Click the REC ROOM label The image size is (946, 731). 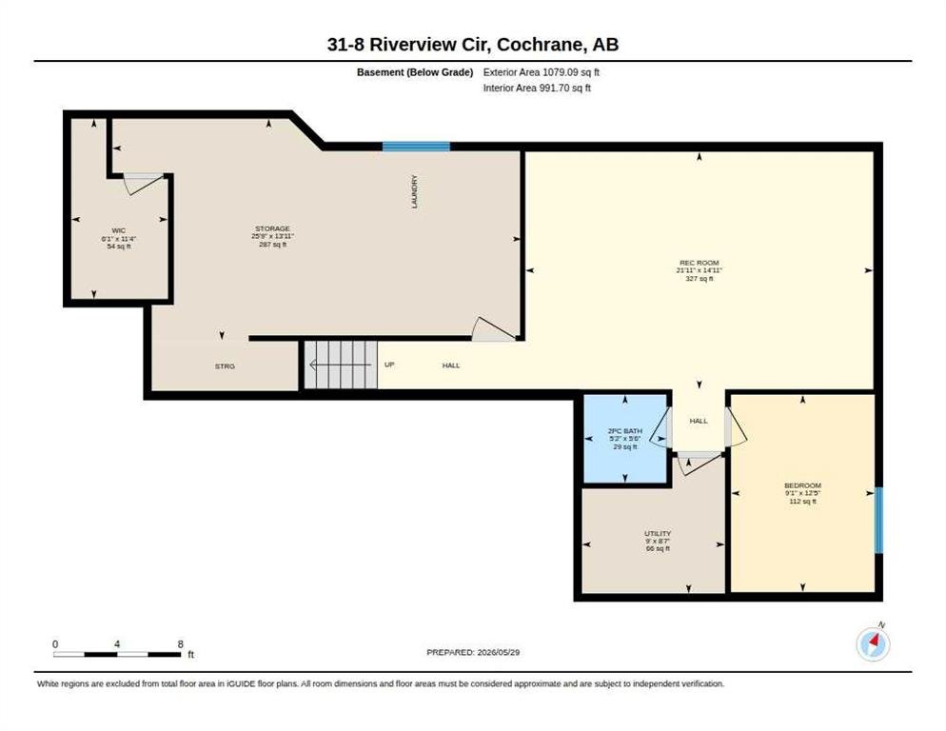tap(700, 264)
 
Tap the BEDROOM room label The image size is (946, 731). tap(802, 486)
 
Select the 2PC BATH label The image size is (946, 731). tap(625, 431)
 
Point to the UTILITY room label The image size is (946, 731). tap(658, 534)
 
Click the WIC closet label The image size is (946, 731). tap(119, 230)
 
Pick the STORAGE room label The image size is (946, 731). tap(273, 228)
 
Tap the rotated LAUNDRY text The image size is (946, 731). tap(415, 192)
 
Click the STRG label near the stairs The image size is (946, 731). tap(225, 366)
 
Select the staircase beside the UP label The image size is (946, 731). tap(341, 365)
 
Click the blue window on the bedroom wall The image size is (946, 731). tap(878, 520)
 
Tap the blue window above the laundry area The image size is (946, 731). tap(416, 146)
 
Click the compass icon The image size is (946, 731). tap(873, 644)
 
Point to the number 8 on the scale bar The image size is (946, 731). tap(181, 644)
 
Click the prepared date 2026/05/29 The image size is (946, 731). tap(499, 653)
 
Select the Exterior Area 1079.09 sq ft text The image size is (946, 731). tap(542, 72)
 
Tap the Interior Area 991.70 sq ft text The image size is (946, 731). tap(537, 89)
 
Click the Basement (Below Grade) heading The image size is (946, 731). tap(415, 72)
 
